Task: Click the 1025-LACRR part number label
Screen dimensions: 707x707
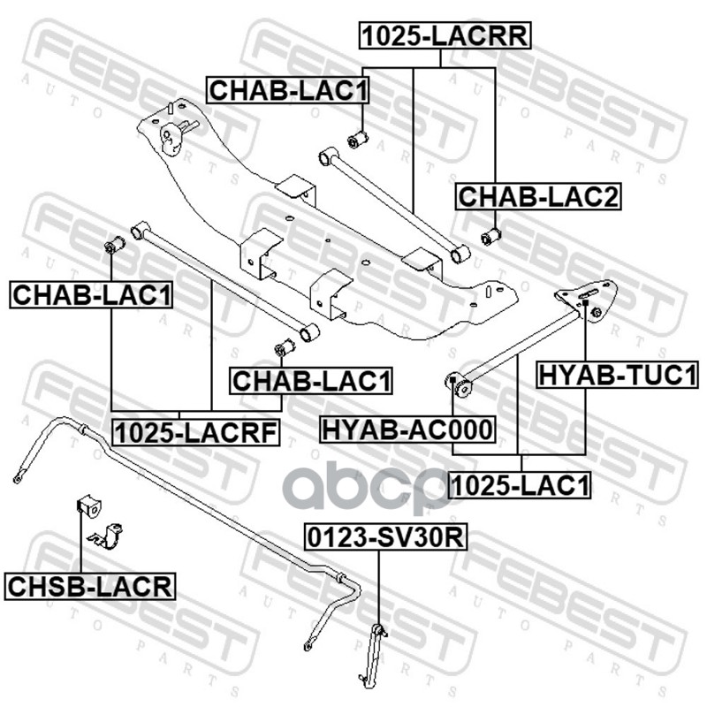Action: point(443,36)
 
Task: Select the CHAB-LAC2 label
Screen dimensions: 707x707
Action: point(538,197)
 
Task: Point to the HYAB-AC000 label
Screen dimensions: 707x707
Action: point(407,430)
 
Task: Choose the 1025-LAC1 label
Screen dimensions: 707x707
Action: point(520,484)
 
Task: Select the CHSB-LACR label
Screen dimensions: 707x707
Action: point(89,585)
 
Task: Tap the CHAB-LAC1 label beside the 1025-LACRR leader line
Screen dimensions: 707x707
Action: point(288,91)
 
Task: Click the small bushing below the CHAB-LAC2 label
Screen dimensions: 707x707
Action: point(491,237)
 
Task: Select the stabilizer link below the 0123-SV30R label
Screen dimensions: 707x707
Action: point(376,653)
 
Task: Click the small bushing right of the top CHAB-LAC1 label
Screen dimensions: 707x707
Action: point(359,139)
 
